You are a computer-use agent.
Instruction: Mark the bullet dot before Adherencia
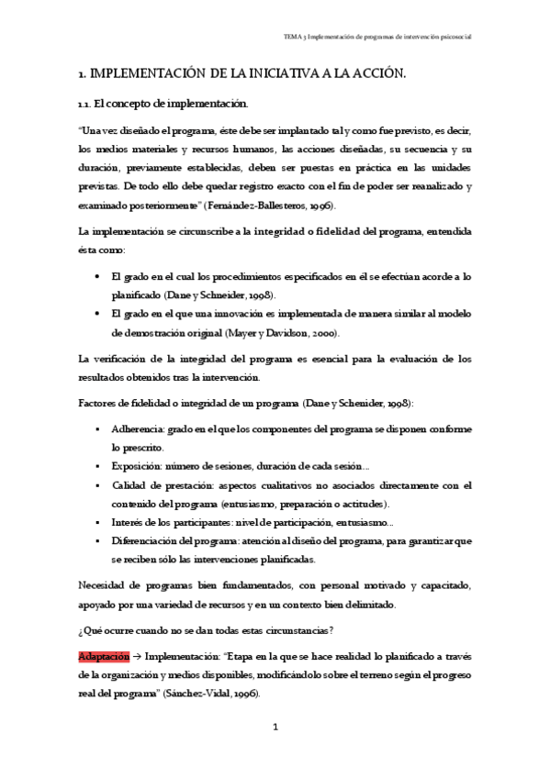click(x=98, y=428)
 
